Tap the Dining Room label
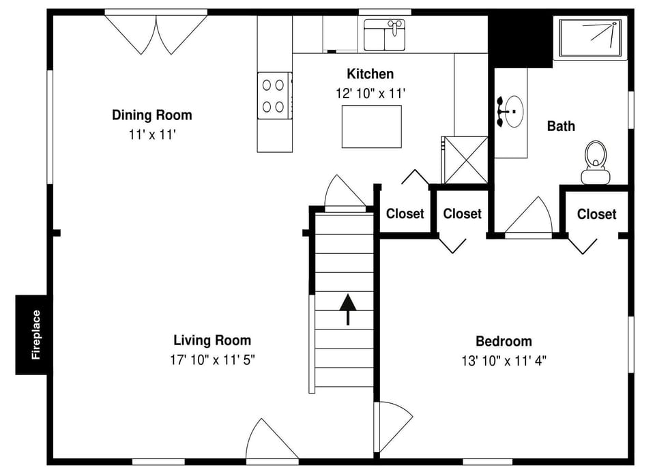[152, 115]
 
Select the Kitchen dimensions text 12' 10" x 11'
[371, 93]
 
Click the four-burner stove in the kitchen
[274, 95]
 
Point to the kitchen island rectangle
[371, 126]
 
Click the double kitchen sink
[384, 35]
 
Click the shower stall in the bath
[591, 38]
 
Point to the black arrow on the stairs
[348, 308]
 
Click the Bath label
[561, 126]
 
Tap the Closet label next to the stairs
[405, 213]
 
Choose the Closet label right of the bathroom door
[596, 214]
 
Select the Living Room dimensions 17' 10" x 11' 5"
[212, 360]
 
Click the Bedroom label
[504, 341]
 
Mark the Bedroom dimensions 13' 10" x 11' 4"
[504, 361]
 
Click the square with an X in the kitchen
[465, 160]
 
